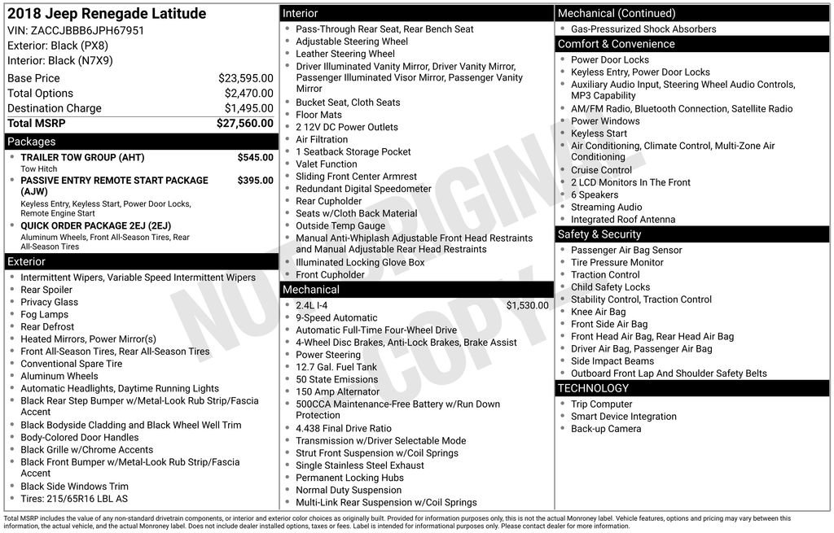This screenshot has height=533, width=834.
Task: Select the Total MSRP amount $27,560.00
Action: (x=244, y=124)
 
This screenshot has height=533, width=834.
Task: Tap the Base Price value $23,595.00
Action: (x=245, y=79)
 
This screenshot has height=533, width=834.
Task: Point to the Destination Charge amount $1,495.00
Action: (x=248, y=108)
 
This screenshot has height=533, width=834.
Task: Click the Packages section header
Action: (x=32, y=142)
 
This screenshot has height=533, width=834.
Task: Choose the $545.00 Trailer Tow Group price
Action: (x=255, y=157)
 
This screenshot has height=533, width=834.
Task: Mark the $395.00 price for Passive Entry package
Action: (x=255, y=181)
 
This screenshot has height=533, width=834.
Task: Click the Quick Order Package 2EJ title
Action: (x=96, y=226)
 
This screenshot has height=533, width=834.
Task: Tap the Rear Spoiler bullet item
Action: (x=46, y=290)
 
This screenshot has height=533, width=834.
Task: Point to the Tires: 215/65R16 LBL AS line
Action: (x=74, y=499)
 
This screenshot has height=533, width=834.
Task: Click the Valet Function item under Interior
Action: (x=326, y=164)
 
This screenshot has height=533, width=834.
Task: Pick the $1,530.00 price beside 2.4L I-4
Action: (x=527, y=306)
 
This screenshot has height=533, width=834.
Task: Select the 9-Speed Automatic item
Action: (x=336, y=318)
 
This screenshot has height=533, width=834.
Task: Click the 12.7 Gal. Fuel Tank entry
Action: (x=336, y=367)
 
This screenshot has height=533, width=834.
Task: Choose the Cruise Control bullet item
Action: (x=601, y=170)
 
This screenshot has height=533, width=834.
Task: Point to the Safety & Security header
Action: (x=599, y=234)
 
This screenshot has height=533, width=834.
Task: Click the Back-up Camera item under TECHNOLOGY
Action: (x=605, y=429)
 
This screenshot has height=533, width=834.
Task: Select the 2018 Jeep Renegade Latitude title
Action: (x=107, y=14)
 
